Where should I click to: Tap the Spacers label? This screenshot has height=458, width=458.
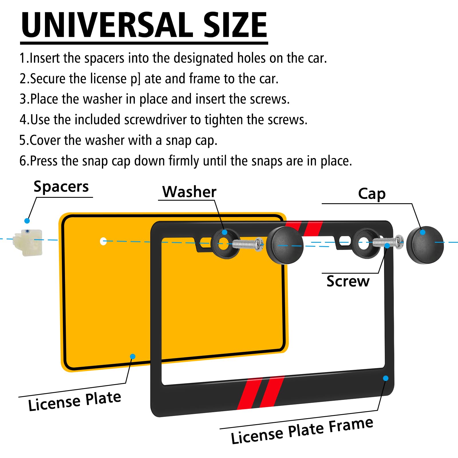(x=61, y=187)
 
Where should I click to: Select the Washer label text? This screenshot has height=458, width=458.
(x=189, y=192)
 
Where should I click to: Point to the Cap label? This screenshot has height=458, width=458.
(x=372, y=194)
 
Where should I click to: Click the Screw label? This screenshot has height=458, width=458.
(x=348, y=281)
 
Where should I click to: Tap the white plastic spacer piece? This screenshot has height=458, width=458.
(x=28, y=242)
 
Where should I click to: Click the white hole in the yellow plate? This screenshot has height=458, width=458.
(x=103, y=241)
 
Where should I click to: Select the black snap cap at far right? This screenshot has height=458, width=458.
(x=425, y=245)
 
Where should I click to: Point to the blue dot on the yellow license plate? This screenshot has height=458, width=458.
(x=133, y=356)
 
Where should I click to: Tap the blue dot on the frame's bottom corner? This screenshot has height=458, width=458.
(x=386, y=378)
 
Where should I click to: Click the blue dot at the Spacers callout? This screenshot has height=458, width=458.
(x=27, y=221)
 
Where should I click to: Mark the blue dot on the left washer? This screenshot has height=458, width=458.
(x=225, y=232)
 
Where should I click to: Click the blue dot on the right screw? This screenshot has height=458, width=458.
(x=387, y=246)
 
